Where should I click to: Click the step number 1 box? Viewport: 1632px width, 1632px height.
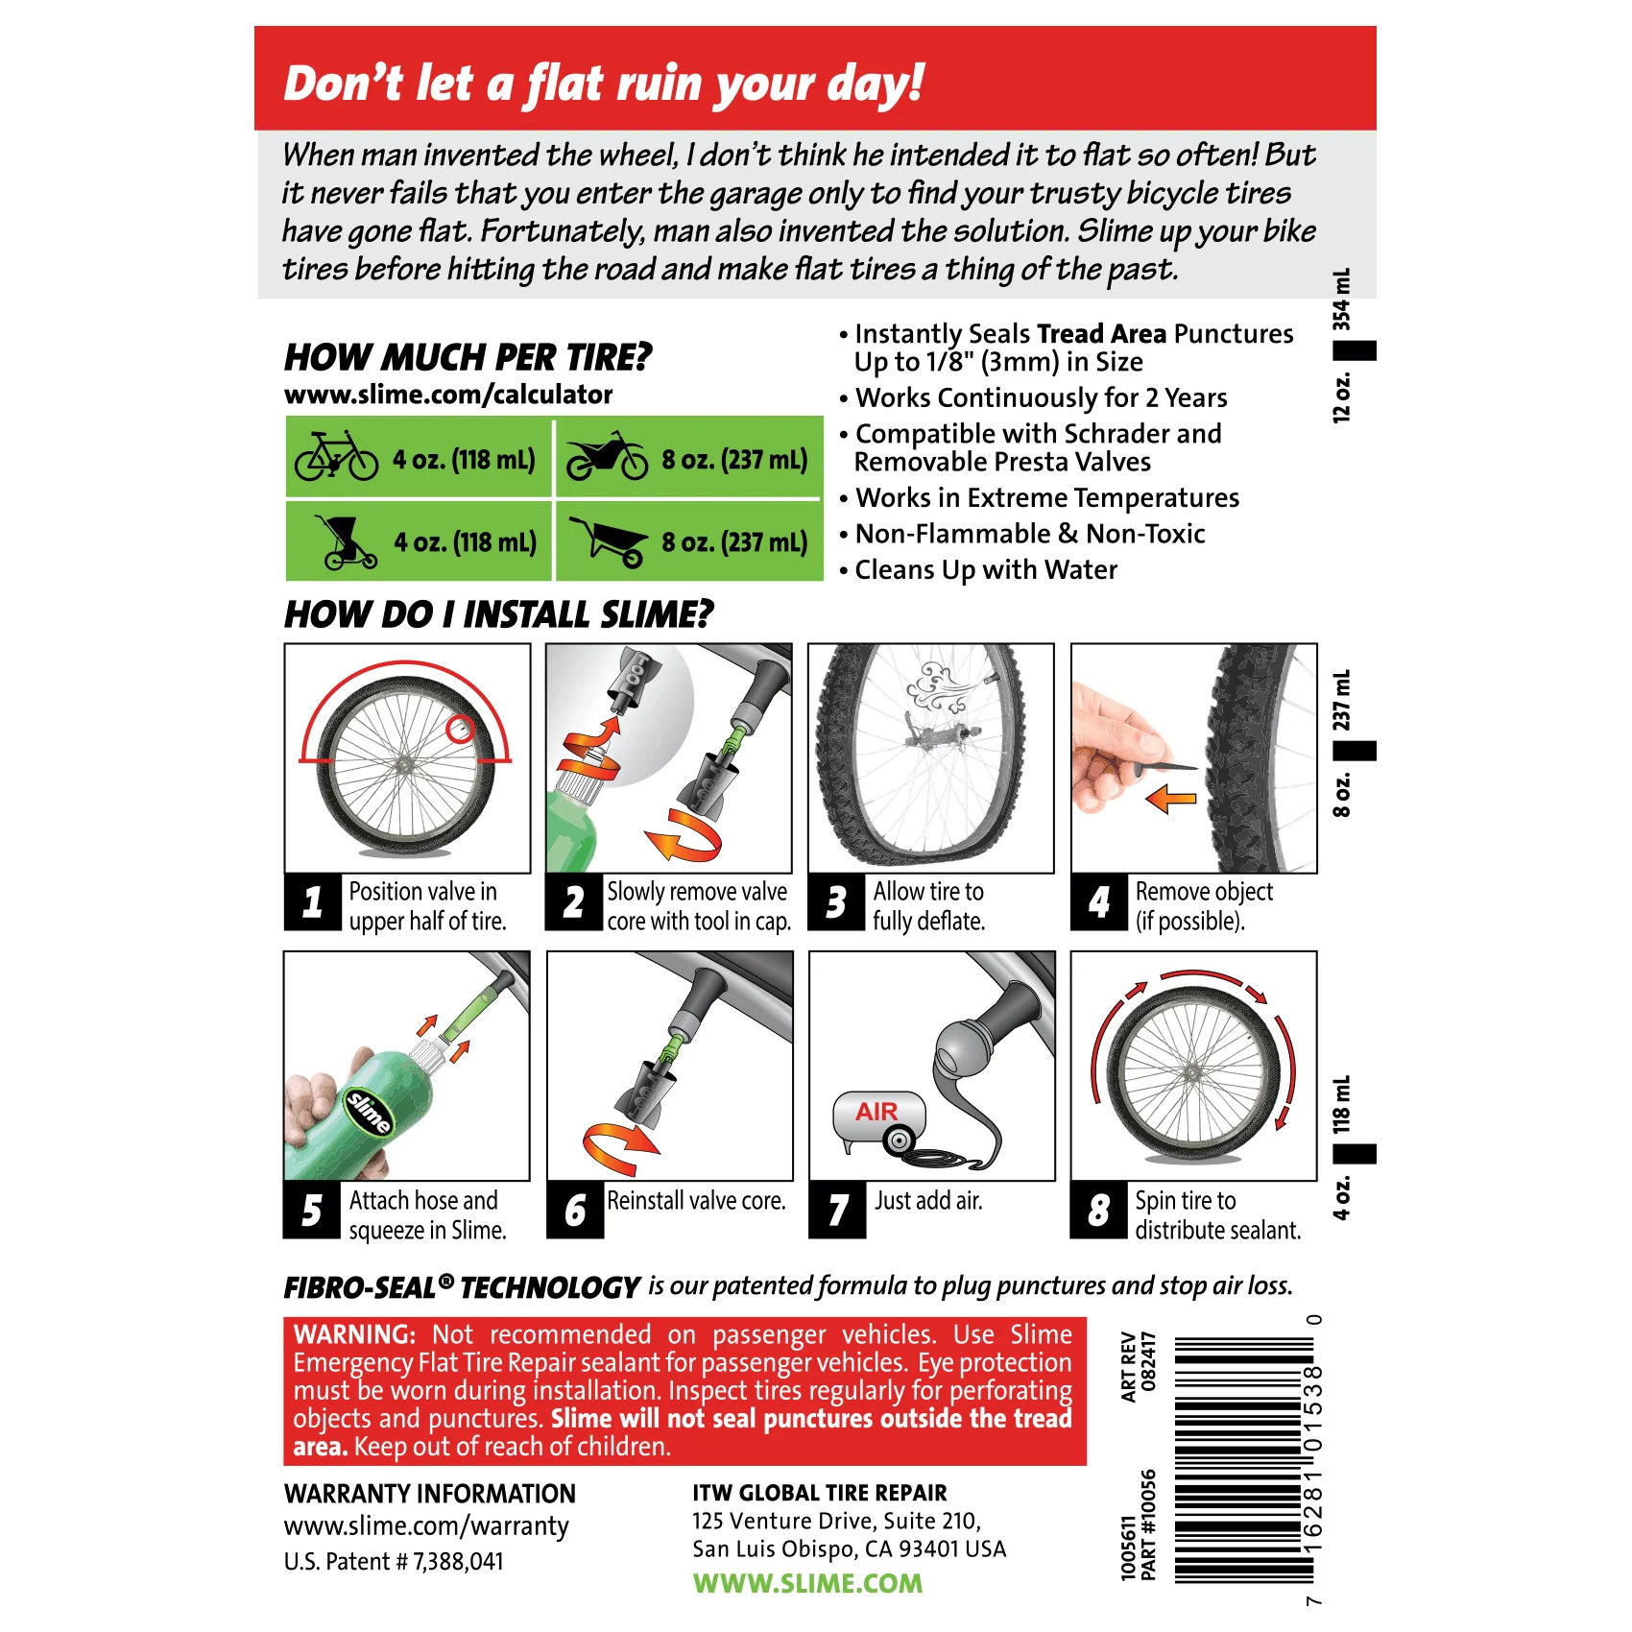tap(312, 902)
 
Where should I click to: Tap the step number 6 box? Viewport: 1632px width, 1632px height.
tap(575, 1210)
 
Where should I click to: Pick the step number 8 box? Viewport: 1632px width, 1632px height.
tap(1099, 1210)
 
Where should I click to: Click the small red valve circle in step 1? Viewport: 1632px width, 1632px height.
tap(461, 730)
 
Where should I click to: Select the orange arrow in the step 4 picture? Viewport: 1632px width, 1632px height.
tap(1171, 798)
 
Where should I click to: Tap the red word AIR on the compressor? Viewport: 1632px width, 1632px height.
tap(876, 1112)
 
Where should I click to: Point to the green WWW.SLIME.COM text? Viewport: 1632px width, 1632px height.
tap(807, 1583)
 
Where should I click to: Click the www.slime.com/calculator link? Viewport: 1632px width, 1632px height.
tap(448, 395)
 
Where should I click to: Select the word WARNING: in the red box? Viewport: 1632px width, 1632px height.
tap(354, 1334)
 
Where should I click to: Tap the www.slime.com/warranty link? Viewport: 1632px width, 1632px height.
tap(426, 1525)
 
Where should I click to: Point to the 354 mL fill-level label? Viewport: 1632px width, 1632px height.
tap(1341, 300)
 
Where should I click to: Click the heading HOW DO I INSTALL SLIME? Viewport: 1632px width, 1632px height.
tap(499, 614)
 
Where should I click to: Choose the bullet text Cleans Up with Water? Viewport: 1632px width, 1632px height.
tap(986, 570)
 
